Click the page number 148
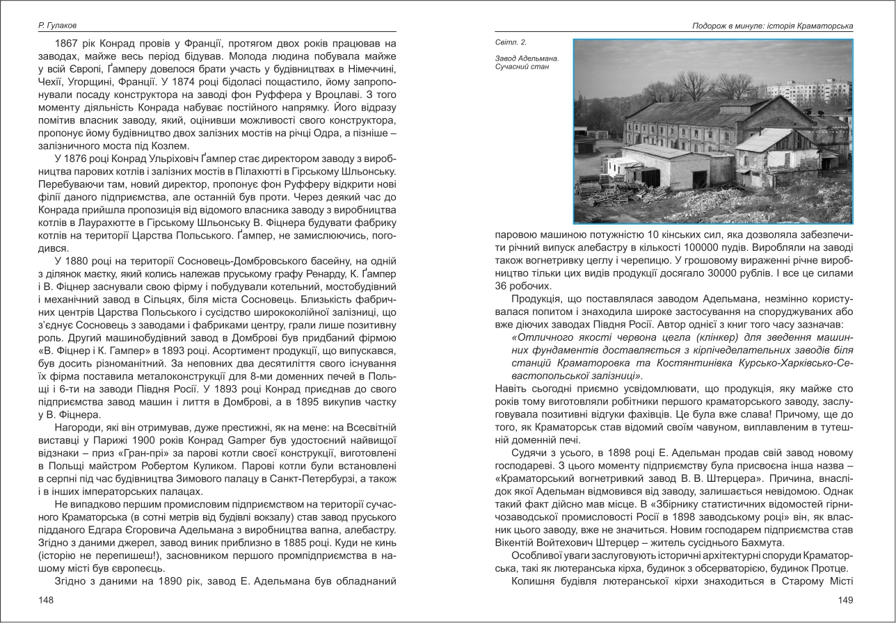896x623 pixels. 46,600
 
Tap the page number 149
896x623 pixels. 845,600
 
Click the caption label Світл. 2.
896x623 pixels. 511,43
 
